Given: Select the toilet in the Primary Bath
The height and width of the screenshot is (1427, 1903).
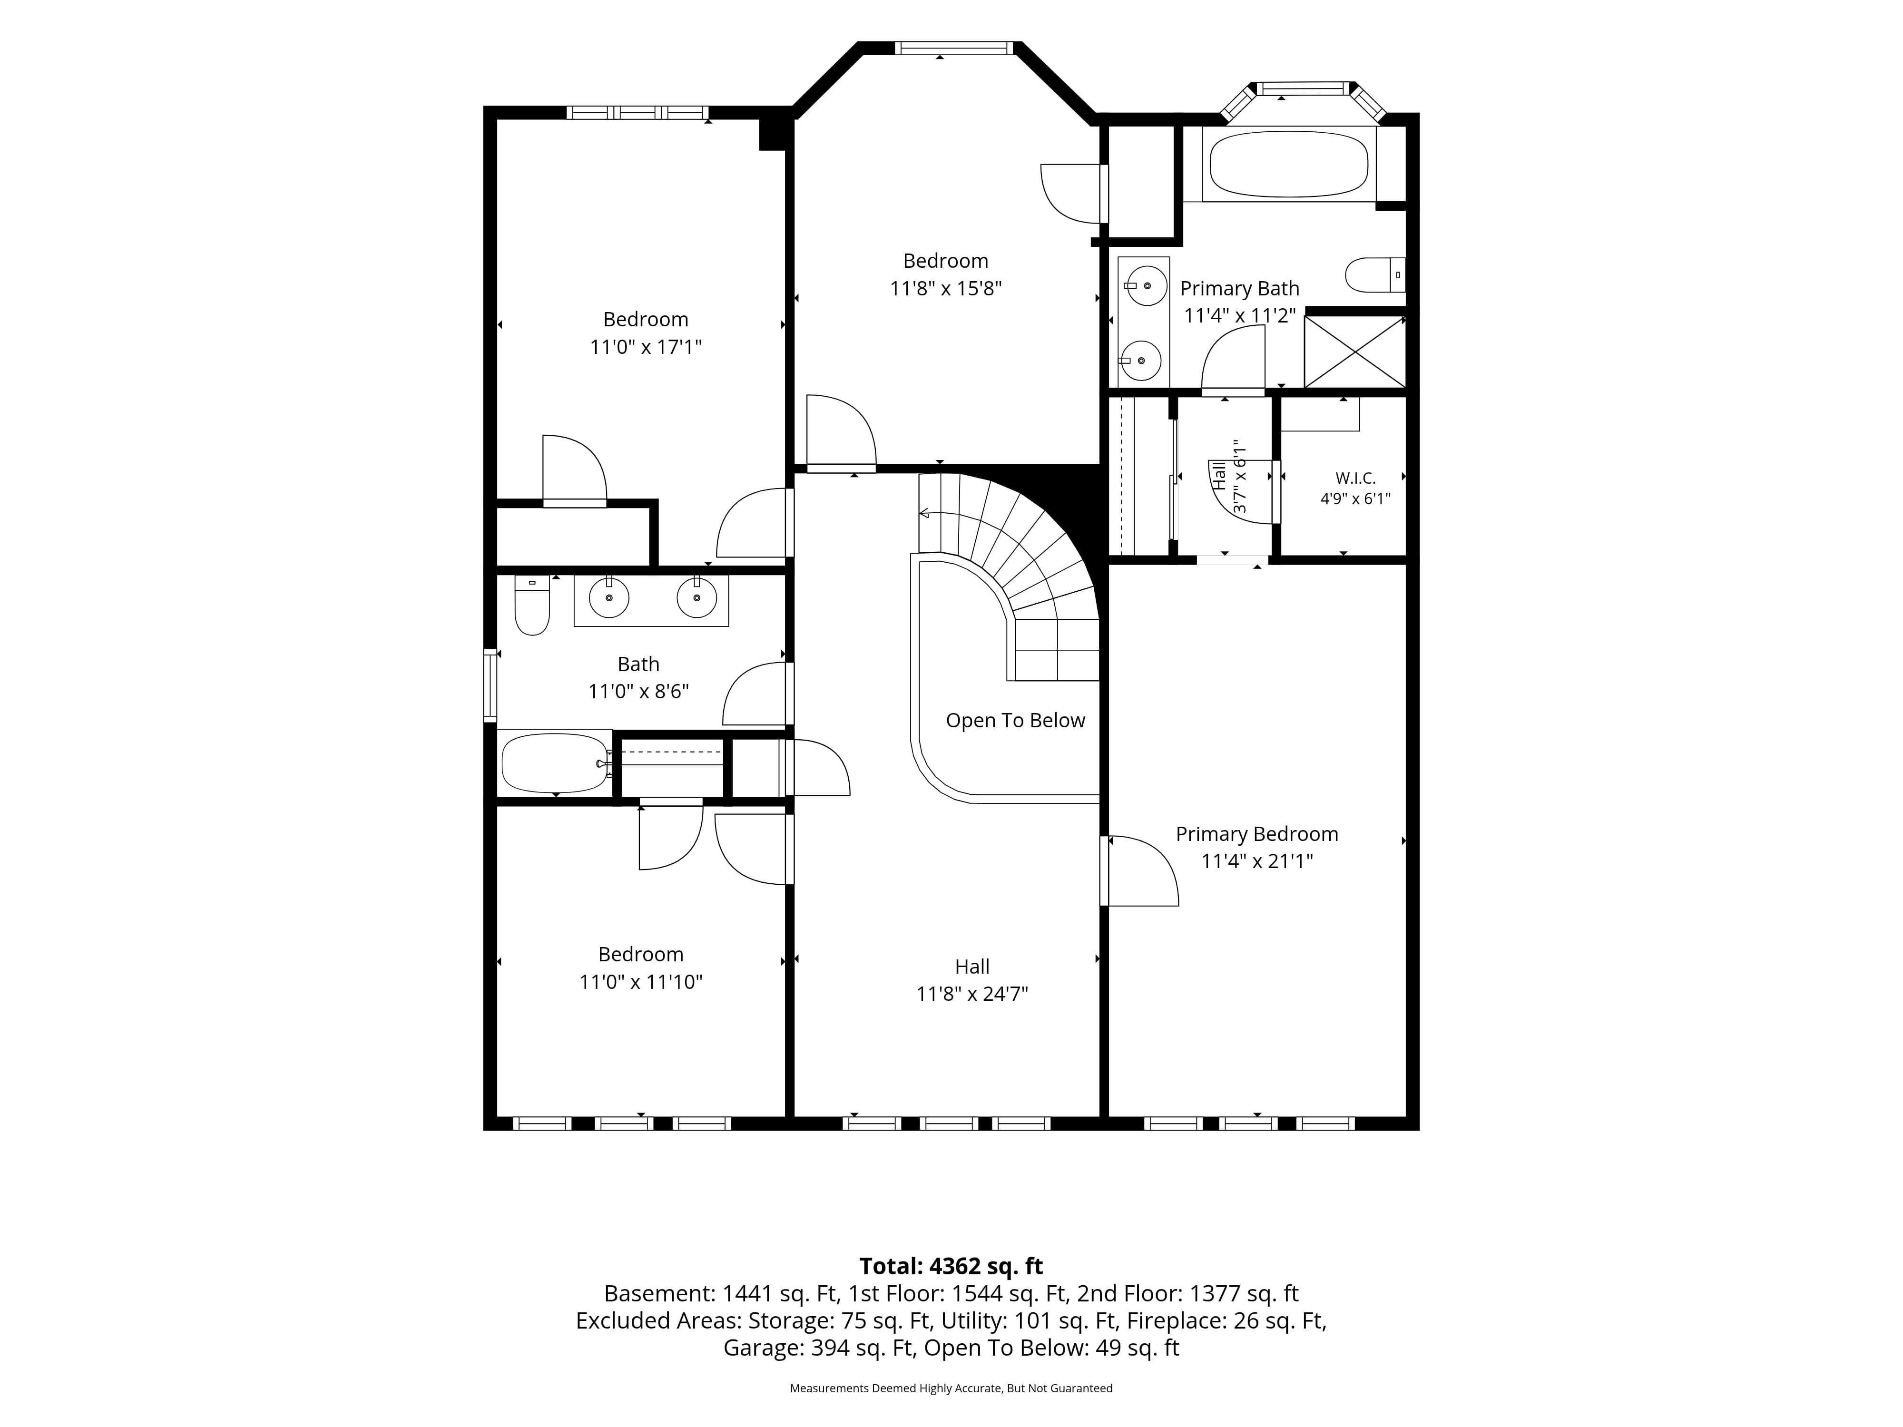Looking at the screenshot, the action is (1375, 275).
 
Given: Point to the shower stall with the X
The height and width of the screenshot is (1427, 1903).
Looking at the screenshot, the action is (1354, 352).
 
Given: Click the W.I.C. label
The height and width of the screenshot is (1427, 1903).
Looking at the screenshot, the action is (1355, 478).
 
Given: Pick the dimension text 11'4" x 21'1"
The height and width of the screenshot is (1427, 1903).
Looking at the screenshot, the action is (1257, 861).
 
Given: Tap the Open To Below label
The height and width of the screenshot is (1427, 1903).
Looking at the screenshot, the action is (1015, 721).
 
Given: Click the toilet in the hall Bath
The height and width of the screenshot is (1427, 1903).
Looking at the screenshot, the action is (532, 605).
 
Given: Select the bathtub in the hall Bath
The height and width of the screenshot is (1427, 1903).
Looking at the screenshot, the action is (555, 762).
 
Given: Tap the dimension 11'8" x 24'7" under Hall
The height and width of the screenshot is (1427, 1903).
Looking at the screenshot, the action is (972, 994).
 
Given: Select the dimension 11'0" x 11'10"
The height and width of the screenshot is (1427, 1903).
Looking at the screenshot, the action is (641, 981).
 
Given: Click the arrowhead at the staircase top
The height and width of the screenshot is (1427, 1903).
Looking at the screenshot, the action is (924, 514).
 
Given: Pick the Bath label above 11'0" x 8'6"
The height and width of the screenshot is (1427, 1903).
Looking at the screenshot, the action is (638, 664).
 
